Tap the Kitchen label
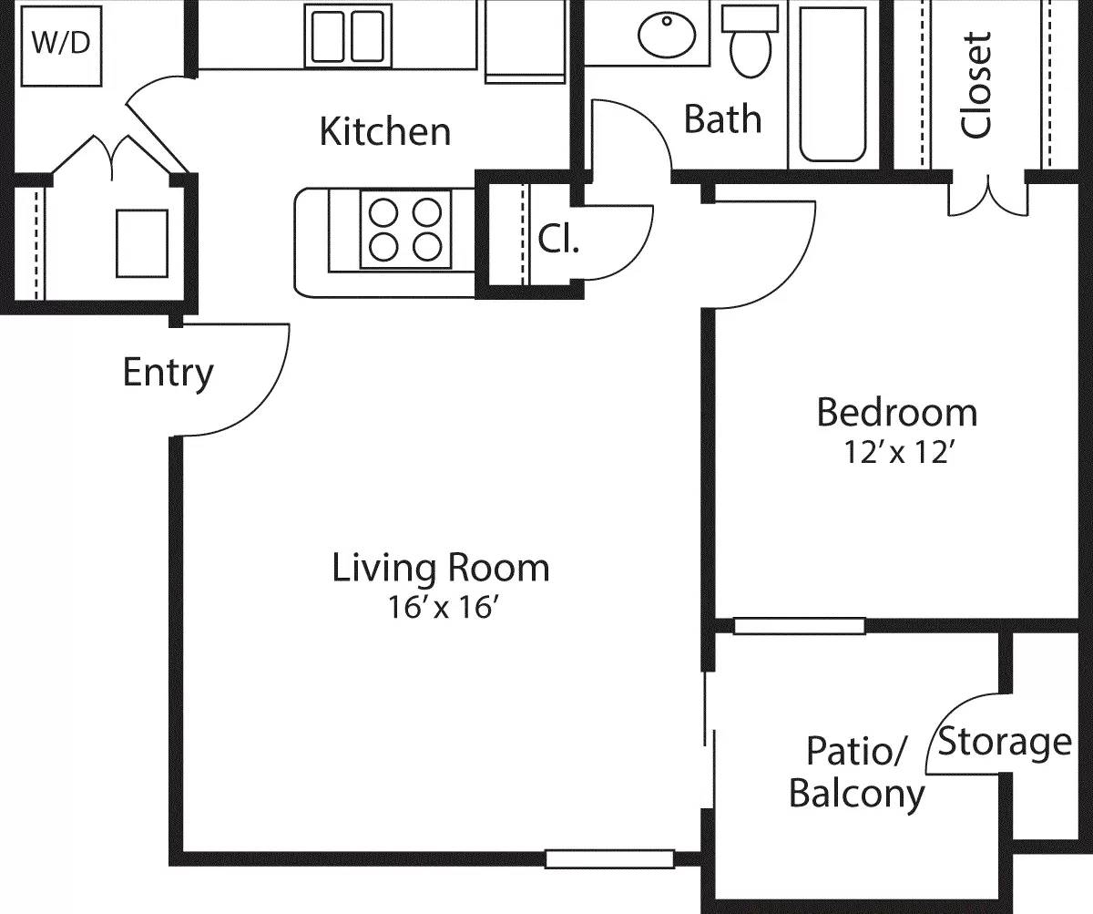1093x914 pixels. pos(384,131)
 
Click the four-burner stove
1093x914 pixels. pos(405,229)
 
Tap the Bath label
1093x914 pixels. pos(722,118)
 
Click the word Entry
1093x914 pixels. pos(169,373)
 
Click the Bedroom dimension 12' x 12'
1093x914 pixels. pos(897,453)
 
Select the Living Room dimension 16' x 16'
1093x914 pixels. pos(441,608)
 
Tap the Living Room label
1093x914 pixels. pos(441,568)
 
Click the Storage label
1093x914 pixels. pos(1005,743)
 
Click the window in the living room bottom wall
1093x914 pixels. pos(609,858)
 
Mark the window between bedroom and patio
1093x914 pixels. pos(799,626)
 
